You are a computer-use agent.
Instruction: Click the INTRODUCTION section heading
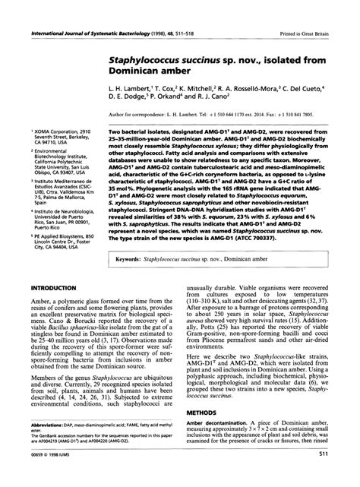[x=52, y=289]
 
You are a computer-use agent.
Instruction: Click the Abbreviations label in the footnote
[x=48, y=425]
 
